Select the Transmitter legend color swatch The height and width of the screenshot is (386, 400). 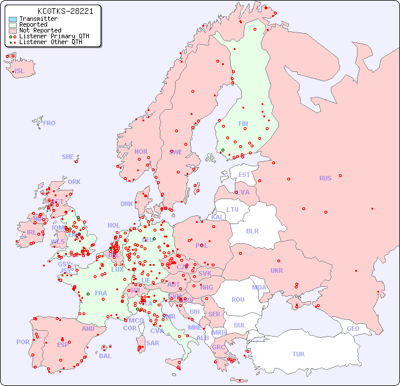[12, 19]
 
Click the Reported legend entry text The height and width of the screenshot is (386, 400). [33, 25]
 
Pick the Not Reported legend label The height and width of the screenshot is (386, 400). [40, 31]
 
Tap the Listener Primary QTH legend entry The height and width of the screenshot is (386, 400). [54, 37]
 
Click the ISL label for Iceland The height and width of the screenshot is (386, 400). [20, 71]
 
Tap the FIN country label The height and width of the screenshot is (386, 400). [243, 124]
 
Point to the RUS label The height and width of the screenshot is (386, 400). [325, 178]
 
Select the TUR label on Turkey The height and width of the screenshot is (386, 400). [298, 354]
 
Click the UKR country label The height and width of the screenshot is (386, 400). [277, 270]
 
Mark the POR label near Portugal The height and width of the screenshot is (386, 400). [23, 342]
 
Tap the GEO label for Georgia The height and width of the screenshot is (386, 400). [353, 329]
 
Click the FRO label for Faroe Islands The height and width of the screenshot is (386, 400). [49, 123]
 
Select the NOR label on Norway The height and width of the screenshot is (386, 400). [141, 151]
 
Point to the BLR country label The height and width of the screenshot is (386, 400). [252, 230]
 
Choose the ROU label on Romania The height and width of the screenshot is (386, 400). [238, 300]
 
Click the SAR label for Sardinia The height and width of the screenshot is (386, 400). [153, 343]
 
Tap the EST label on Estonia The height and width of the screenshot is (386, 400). [244, 175]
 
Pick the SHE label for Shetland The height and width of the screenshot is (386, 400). [68, 157]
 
